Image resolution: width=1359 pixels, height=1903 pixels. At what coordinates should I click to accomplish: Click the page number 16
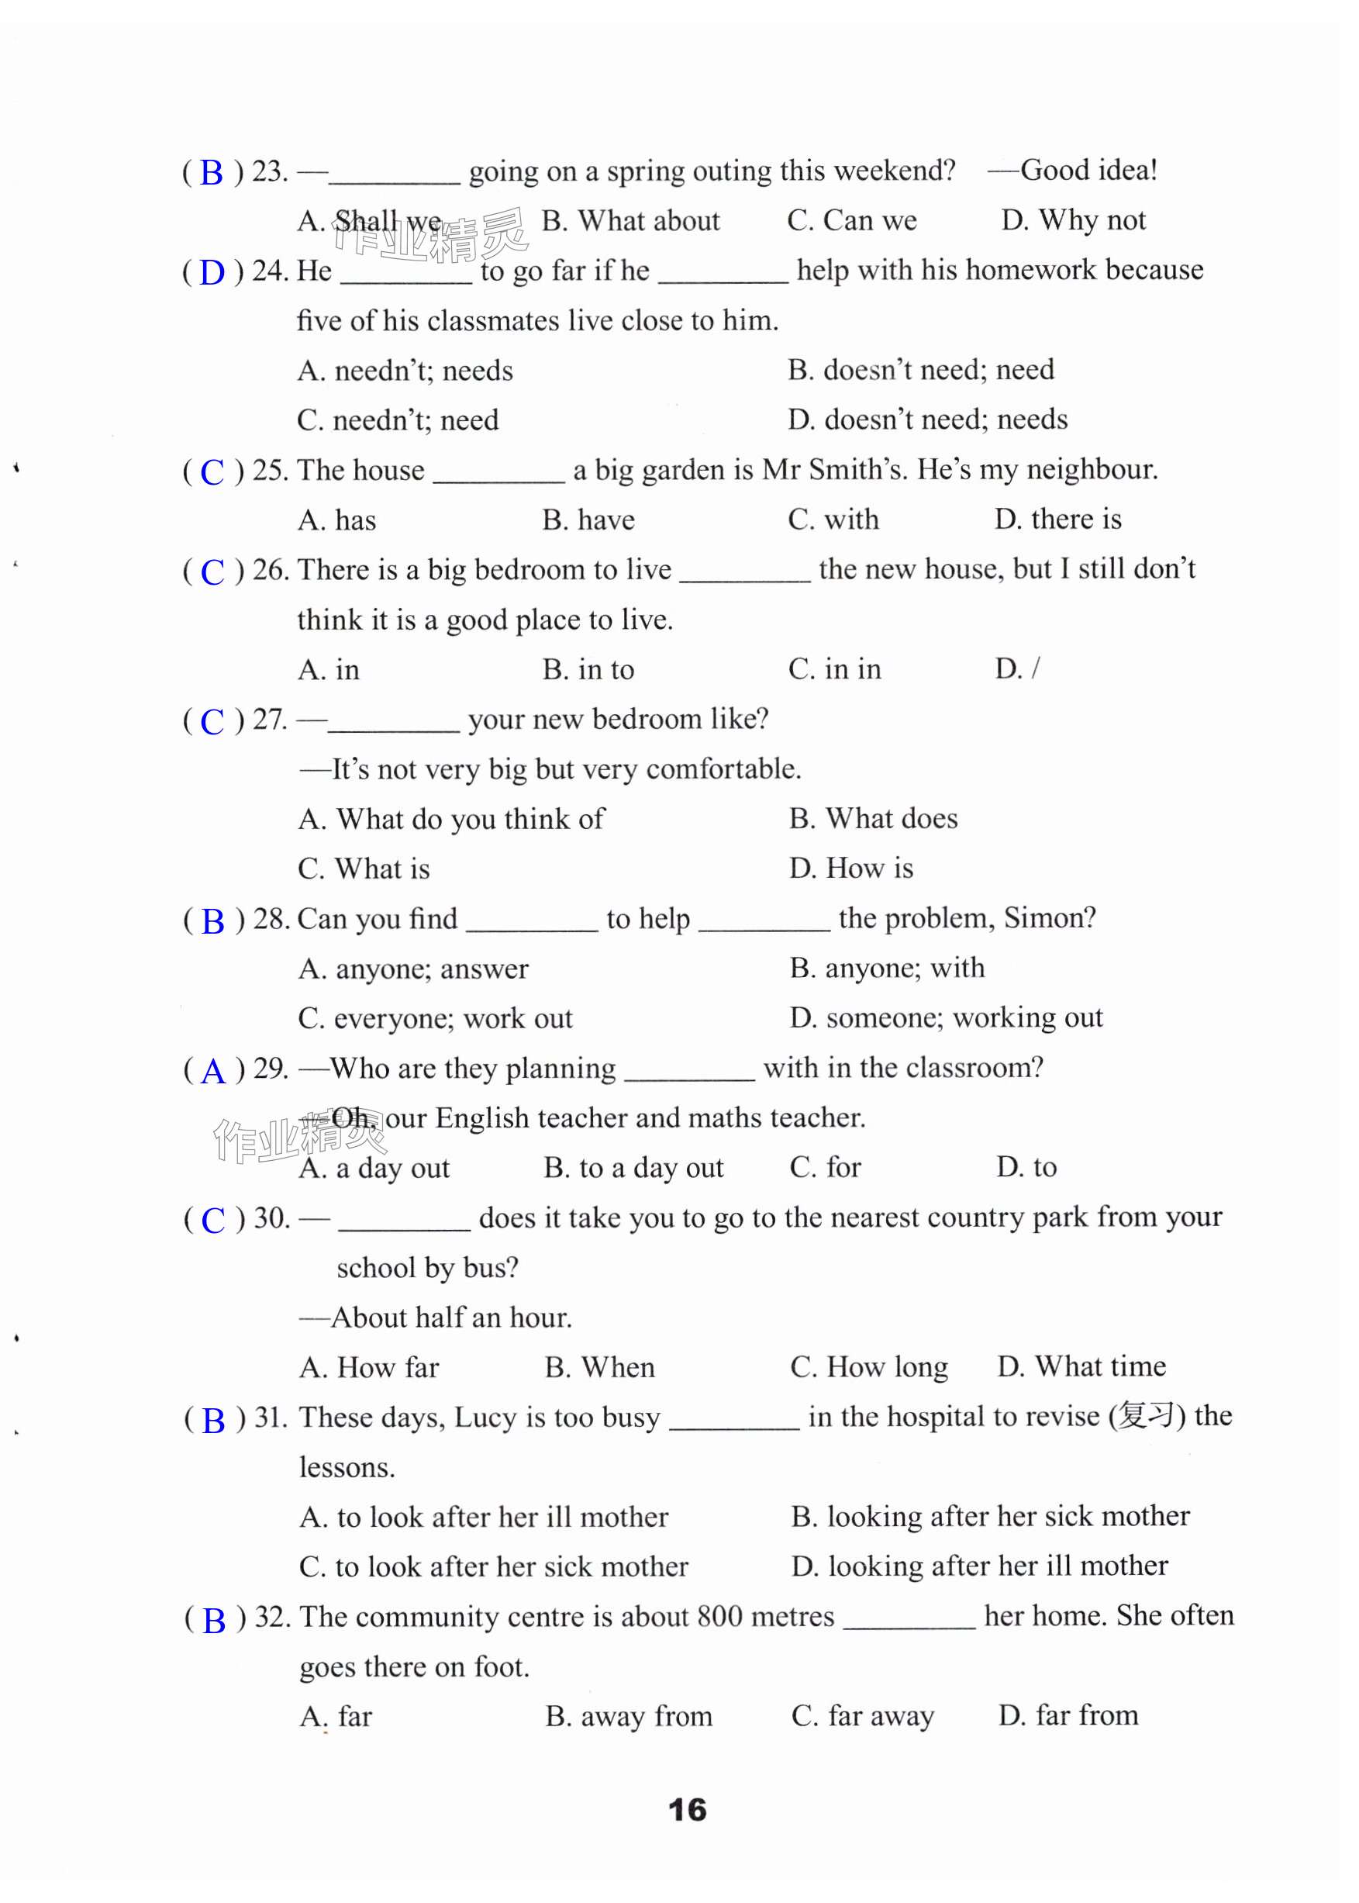coord(687,1809)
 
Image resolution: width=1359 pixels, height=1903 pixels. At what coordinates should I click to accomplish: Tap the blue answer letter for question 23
coord(212,173)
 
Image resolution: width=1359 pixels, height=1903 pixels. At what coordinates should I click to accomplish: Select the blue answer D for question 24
coord(212,273)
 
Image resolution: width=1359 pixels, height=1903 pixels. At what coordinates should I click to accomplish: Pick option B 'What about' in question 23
coord(630,221)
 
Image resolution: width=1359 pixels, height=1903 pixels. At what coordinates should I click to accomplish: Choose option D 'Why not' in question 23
coord(1073,220)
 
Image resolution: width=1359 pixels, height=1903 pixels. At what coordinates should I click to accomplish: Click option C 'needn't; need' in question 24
coord(398,420)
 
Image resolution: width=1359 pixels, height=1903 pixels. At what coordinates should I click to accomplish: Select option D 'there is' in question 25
coord(1057,520)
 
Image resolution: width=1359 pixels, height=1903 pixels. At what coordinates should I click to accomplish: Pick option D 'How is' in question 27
coord(851,869)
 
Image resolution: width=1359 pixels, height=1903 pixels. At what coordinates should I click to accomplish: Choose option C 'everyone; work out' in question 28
coord(435,1018)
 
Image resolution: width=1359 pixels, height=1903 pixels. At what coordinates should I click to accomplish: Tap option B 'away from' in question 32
coord(629,1716)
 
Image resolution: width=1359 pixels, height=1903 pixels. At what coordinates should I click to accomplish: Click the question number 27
coord(270,720)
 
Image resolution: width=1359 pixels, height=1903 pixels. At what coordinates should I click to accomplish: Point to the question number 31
coord(271,1418)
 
